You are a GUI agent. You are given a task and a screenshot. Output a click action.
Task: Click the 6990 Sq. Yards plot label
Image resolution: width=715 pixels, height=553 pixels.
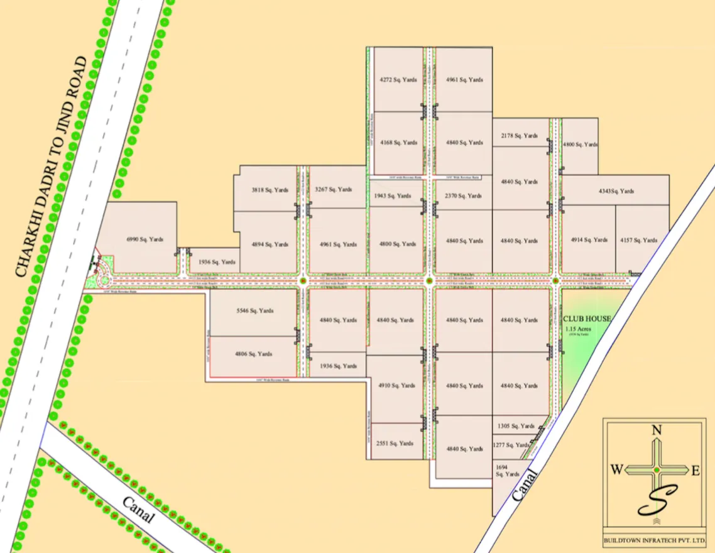(145, 239)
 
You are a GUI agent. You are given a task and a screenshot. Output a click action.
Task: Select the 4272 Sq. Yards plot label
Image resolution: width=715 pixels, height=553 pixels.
(398, 80)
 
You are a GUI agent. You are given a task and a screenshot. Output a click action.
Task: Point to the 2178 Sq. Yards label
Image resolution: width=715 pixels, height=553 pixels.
(519, 136)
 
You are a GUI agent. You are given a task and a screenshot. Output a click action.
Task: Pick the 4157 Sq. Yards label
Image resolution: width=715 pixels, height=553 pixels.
(639, 240)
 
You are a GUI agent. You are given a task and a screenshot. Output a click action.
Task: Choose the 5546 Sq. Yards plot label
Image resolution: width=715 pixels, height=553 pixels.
(254, 310)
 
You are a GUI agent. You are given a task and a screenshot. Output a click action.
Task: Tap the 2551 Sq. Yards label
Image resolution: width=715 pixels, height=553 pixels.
(395, 443)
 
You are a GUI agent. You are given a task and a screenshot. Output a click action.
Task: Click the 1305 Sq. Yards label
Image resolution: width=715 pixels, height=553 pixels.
(515, 426)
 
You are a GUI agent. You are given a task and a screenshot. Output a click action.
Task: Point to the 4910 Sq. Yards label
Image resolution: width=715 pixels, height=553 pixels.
(396, 385)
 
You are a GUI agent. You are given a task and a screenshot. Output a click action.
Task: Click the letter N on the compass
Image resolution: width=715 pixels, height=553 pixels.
(657, 430)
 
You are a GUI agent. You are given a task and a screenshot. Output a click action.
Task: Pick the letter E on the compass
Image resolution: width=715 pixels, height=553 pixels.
(695, 471)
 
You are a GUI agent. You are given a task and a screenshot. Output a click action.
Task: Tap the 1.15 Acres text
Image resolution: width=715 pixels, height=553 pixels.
(578, 329)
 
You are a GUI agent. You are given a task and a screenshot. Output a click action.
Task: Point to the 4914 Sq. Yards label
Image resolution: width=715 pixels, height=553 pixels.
(589, 240)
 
